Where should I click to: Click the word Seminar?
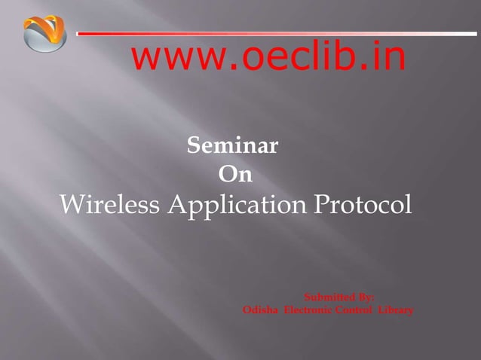coord(232,145)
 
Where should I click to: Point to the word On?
coord(234,175)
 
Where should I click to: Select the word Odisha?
coord(259,310)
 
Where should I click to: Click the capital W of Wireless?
coord(71,204)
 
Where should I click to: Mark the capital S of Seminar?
coord(193,145)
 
